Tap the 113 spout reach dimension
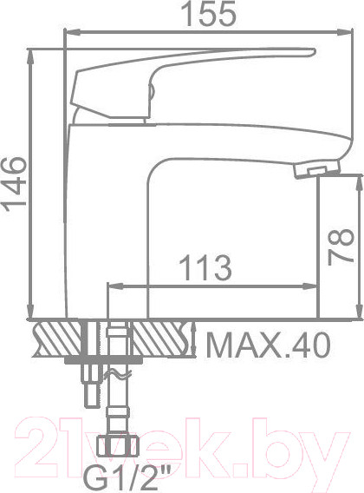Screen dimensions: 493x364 pos(205,268)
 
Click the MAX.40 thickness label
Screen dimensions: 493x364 pos(269,347)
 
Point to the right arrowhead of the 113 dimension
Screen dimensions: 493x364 pos(317,285)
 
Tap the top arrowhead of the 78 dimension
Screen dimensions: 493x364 pos(356,177)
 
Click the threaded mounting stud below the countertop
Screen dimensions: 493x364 pos(92,382)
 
